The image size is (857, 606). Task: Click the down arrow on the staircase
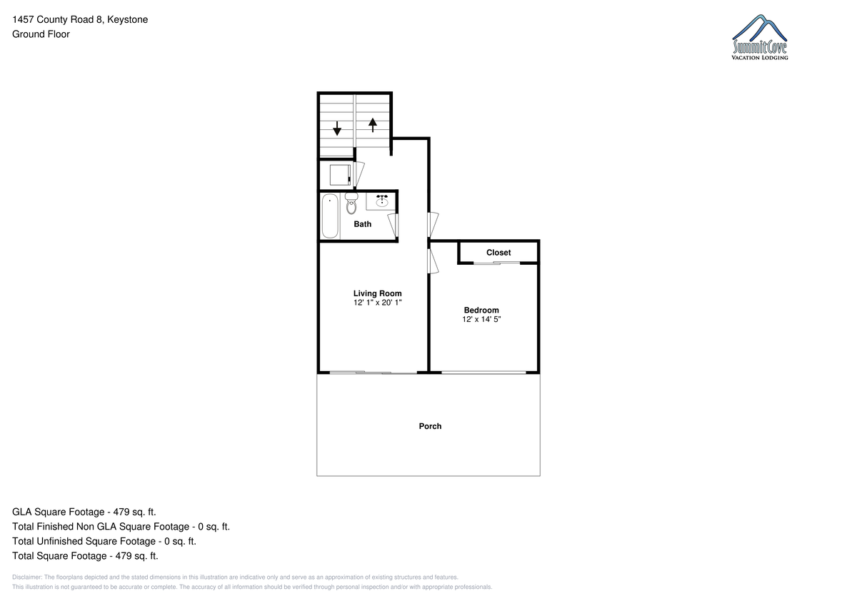(x=337, y=128)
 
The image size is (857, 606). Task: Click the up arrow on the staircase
(x=373, y=125)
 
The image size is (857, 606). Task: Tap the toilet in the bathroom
(x=351, y=203)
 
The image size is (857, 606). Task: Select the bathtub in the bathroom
(x=330, y=216)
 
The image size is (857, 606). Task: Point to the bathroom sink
(x=382, y=201)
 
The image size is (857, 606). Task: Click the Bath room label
(x=362, y=224)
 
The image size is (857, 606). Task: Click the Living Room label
(x=377, y=293)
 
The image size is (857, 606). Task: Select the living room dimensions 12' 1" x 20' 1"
(x=377, y=303)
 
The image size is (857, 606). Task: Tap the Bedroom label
(x=481, y=310)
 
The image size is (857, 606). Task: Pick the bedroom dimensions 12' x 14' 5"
(x=481, y=319)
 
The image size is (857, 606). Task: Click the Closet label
(x=498, y=253)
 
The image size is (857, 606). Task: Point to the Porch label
(x=430, y=426)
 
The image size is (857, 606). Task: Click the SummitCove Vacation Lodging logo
(x=760, y=37)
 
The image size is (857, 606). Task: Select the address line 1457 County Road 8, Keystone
(x=80, y=19)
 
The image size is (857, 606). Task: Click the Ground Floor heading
(x=41, y=34)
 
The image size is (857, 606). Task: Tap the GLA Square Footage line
(x=84, y=512)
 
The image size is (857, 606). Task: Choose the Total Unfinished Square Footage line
(x=104, y=541)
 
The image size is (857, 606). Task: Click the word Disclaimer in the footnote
(x=27, y=577)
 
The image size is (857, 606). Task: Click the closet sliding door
(x=497, y=263)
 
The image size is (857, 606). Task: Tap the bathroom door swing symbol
(x=394, y=225)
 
